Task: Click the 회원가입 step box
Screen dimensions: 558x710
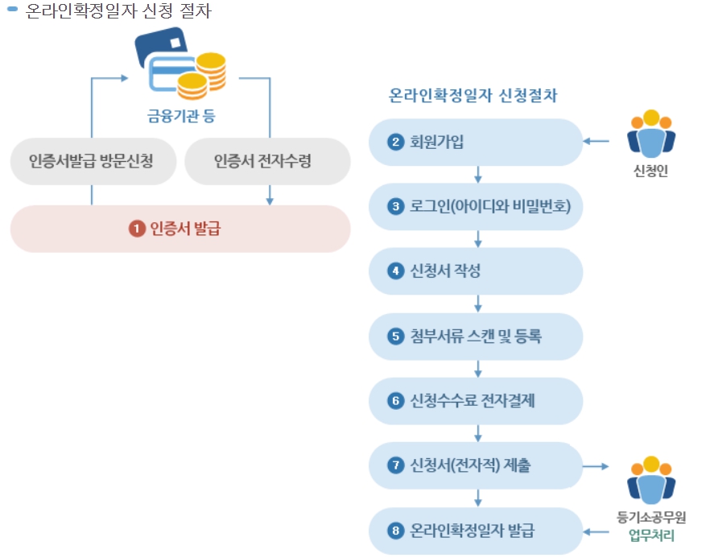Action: pos(475,143)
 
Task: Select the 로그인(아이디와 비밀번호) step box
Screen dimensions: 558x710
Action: pos(475,207)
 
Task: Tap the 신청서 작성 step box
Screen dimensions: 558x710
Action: pos(475,271)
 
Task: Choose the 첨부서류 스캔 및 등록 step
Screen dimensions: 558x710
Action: pos(475,336)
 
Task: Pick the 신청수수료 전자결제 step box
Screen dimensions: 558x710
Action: pos(475,400)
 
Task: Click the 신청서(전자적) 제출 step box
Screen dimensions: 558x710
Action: pos(475,465)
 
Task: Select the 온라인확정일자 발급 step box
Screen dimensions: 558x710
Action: pos(475,531)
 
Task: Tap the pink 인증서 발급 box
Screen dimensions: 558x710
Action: pos(180,229)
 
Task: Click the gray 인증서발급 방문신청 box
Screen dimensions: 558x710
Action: pos(91,161)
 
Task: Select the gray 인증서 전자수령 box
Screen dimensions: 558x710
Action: pos(267,161)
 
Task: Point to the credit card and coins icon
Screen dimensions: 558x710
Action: pos(180,61)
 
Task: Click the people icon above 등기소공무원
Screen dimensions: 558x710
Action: pos(650,480)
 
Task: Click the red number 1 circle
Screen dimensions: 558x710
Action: pos(137,229)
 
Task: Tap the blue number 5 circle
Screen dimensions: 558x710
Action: pos(394,336)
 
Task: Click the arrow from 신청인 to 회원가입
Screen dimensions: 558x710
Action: pos(596,142)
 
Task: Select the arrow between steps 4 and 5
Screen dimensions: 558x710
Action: pos(478,304)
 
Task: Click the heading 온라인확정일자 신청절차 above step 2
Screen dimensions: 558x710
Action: pos(473,95)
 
